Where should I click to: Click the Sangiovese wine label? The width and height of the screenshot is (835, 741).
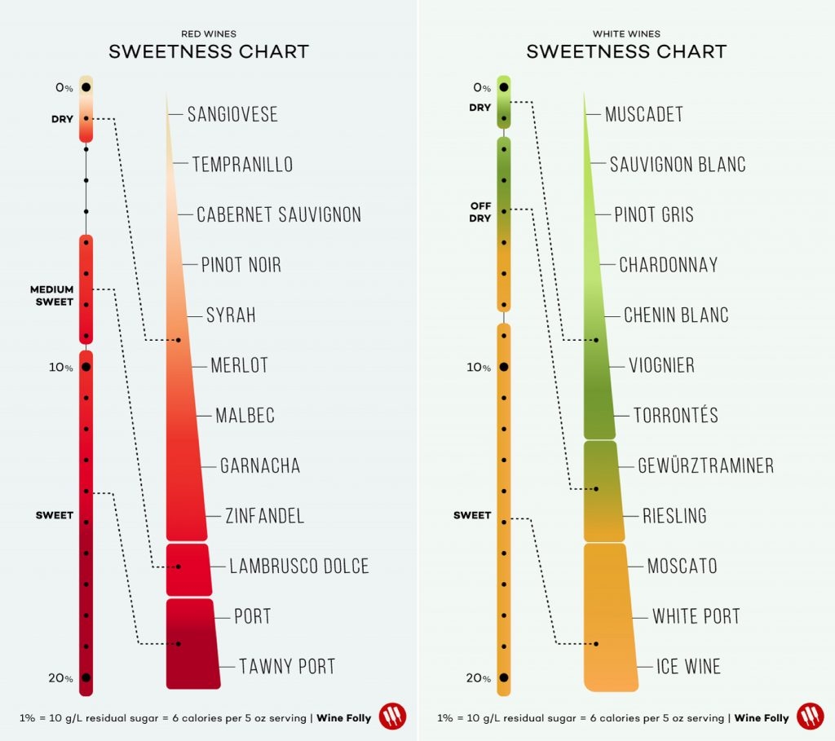click(232, 114)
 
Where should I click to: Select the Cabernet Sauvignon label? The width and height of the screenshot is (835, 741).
click(279, 214)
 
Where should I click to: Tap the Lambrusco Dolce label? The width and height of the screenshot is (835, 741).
click(299, 566)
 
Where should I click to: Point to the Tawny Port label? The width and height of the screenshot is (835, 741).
click(287, 667)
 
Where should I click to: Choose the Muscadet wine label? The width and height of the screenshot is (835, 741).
click(644, 114)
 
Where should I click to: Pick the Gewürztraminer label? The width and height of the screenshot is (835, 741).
click(705, 465)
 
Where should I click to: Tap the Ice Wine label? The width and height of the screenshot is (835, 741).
click(689, 667)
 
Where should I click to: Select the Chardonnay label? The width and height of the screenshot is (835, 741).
click(669, 265)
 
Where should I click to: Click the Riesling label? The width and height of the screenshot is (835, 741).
click(674, 516)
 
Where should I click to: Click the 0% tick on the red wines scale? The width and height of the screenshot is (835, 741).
click(86, 87)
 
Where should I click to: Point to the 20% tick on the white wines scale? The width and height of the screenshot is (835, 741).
click(504, 677)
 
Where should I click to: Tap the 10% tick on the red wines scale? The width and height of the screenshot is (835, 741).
click(86, 368)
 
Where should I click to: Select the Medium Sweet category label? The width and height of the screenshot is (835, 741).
click(52, 295)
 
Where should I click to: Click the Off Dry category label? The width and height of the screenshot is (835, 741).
click(480, 212)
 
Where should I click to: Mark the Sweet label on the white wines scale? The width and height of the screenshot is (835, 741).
click(472, 515)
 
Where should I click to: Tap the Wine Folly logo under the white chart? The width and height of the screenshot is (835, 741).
click(811, 717)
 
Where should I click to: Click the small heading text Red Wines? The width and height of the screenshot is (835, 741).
click(209, 33)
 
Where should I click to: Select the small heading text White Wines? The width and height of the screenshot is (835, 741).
click(626, 33)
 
